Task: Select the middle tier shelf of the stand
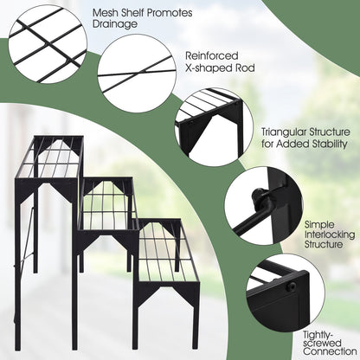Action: click(107, 204)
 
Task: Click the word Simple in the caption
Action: click(319, 223)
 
